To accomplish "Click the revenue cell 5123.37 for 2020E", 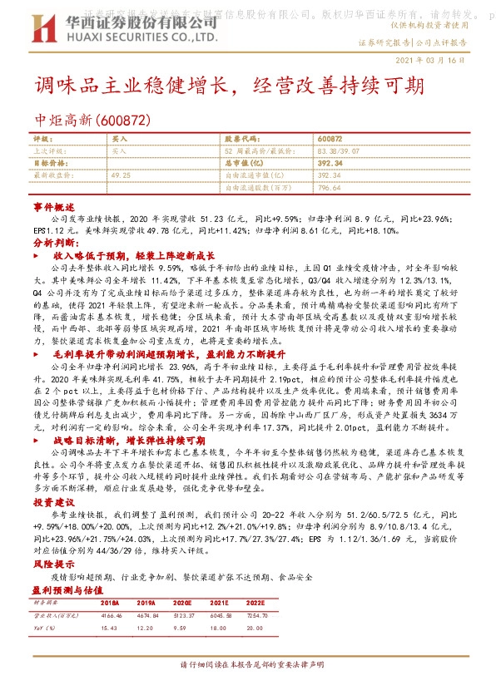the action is pos(182,615).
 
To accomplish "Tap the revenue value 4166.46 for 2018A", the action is pos(111,615).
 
